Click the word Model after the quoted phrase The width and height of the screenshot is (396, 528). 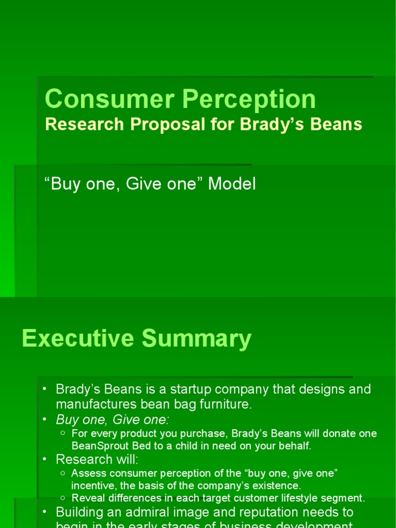[232, 184]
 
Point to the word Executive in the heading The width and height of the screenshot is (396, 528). [78, 339]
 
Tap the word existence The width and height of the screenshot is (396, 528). [275, 485]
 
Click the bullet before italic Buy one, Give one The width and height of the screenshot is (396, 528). [45, 419]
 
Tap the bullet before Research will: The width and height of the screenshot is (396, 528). [45, 459]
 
